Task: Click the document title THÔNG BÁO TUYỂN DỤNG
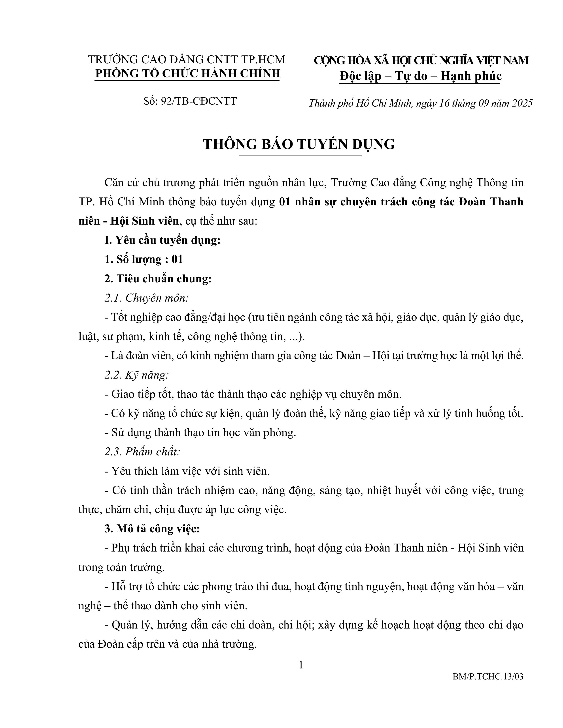[x=299, y=144]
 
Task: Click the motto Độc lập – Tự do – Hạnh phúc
[x=420, y=76]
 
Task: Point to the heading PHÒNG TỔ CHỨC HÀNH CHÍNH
[x=187, y=73]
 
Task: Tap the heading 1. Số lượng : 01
[x=144, y=259]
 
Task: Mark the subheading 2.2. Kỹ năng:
[x=137, y=375]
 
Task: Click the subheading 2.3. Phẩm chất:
[x=142, y=452]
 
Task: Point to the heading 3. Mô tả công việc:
[x=152, y=529]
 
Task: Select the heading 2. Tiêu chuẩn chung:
[x=158, y=279]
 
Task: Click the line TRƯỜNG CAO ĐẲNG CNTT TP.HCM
[x=186, y=59]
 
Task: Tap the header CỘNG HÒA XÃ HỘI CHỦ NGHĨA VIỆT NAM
[x=421, y=60]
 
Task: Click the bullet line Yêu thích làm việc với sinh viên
[x=187, y=471]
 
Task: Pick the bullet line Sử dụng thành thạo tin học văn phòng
[x=200, y=433]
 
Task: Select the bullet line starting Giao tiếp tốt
[x=253, y=394]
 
